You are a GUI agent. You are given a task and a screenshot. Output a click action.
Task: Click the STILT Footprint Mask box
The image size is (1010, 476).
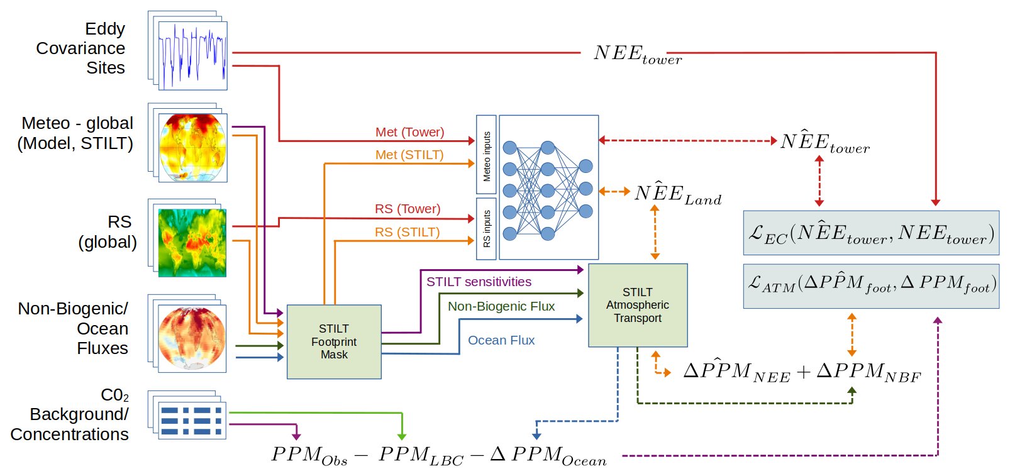[334, 341]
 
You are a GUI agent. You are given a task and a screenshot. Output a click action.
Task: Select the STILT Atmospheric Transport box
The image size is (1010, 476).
[638, 305]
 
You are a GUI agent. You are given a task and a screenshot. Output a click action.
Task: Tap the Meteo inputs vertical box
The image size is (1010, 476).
[486, 155]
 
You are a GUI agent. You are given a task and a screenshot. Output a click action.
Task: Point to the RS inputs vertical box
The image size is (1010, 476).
[486, 229]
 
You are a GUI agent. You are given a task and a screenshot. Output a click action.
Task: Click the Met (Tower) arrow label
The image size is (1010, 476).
[409, 132]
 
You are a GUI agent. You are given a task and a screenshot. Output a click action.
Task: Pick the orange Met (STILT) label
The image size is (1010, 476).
[409, 155]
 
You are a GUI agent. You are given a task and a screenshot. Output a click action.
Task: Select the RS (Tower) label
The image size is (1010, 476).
[408, 209]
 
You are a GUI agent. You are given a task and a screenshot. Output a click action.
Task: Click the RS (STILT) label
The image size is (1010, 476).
[407, 232]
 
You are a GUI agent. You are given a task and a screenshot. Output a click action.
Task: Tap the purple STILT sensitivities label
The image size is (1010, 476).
[479, 282]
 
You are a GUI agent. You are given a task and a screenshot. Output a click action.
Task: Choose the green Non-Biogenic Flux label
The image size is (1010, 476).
[501, 306]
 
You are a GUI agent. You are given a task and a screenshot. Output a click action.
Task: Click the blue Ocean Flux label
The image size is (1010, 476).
[501, 340]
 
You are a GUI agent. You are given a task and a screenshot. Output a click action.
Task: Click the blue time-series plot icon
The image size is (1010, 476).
[192, 55]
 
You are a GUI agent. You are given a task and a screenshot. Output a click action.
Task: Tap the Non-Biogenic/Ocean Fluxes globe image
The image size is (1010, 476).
[192, 338]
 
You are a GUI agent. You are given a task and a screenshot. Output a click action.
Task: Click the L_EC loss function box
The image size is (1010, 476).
[871, 233]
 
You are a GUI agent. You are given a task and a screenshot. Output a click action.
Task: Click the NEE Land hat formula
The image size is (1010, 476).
[677, 194]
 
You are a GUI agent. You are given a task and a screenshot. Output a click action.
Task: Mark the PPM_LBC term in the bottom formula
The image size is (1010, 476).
[421, 456]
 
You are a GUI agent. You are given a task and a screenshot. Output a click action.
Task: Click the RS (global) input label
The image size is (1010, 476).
[108, 232]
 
